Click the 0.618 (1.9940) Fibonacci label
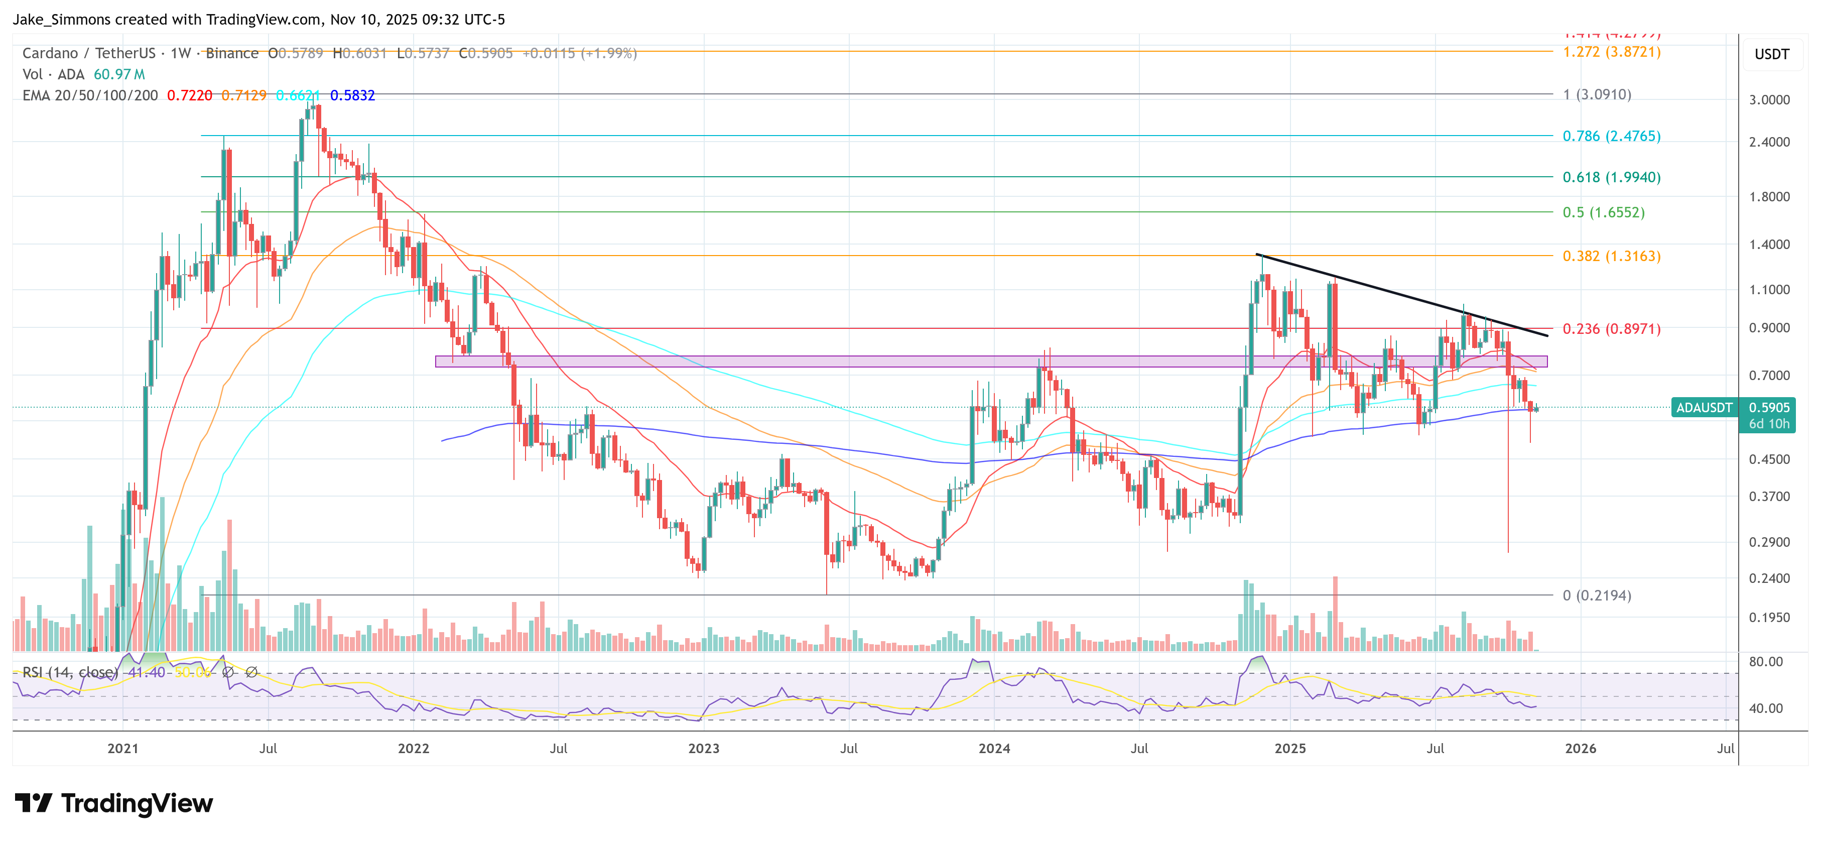pos(1611,178)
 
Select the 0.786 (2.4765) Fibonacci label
pos(1611,136)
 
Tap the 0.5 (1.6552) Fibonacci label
pos(1603,212)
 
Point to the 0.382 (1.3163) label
pos(1611,256)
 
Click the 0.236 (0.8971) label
pos(1611,329)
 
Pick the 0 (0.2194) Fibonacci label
pos(1596,595)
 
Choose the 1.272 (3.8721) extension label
pos(1611,52)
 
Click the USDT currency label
pos(1771,54)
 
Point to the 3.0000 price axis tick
pos(1769,100)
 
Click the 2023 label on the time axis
pos(703,748)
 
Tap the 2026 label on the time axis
pos(1580,748)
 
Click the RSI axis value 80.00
pos(1765,662)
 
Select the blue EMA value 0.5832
pos(352,95)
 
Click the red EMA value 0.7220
pos(189,95)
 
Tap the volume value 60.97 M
pos(119,74)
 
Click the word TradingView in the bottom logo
pos(137,803)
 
